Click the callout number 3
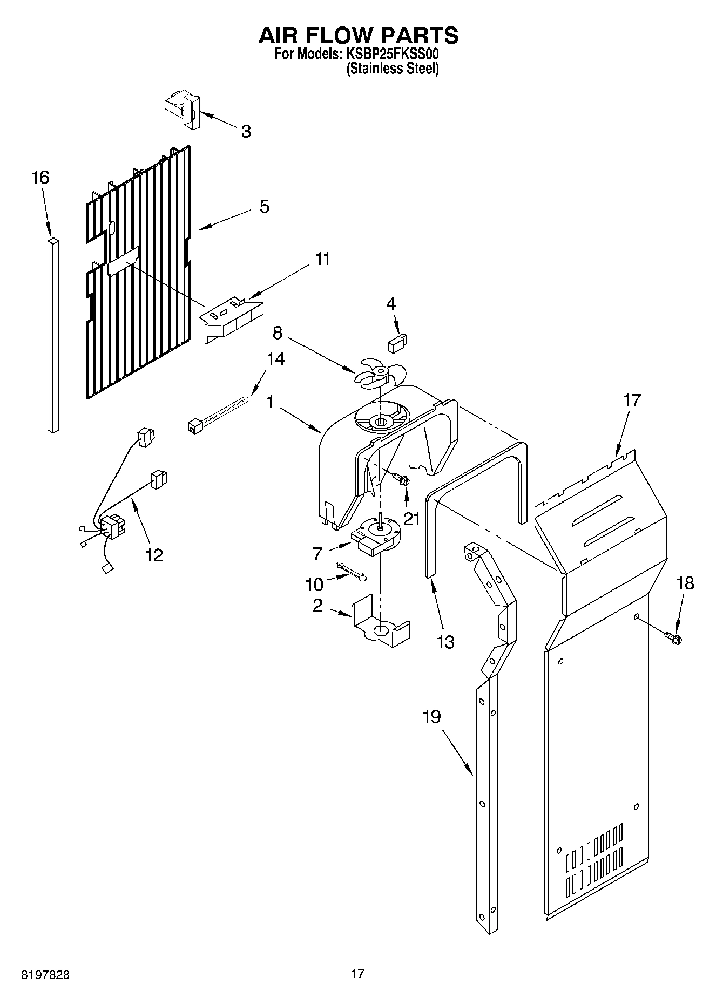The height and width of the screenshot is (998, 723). click(246, 131)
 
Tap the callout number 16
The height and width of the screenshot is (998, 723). click(40, 178)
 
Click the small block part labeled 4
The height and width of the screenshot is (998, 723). click(398, 342)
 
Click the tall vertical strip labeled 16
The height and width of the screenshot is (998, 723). click(52, 335)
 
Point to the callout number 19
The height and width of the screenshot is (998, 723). click(431, 717)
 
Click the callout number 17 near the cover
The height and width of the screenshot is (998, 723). click(632, 400)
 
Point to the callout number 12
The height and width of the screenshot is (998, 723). click(153, 555)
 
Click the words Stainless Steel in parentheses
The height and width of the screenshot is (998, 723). click(392, 69)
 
